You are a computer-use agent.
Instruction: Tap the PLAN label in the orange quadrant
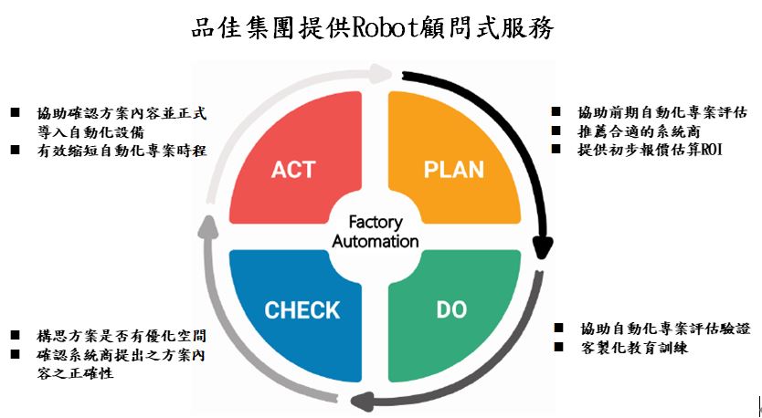pos(453,170)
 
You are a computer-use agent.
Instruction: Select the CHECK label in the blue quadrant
pos(302,310)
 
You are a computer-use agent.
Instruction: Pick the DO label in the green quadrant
pos(451,310)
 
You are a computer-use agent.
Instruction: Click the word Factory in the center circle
pos(376,222)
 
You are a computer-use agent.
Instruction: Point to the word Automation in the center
pos(376,242)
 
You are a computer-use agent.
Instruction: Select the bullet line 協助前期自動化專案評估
pos(662,112)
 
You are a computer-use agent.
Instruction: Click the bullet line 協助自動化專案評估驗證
pos(664,329)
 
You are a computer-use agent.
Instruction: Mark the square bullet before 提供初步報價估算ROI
pos(556,148)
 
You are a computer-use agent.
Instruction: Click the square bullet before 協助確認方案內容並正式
pos(16,113)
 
